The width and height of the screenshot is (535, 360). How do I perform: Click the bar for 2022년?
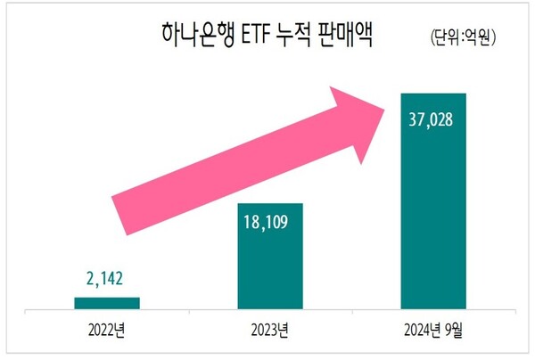(x=106, y=304)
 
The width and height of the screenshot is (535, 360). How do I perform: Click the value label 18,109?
(x=269, y=219)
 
